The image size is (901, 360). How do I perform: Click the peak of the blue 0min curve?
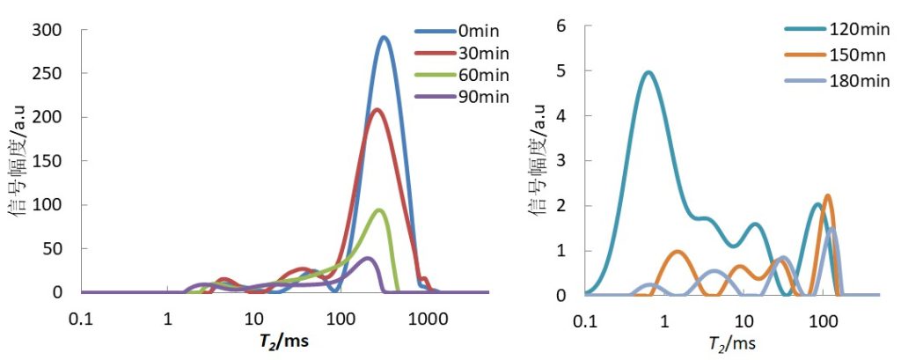click(384, 38)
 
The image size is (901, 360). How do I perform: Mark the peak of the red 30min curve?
click(377, 110)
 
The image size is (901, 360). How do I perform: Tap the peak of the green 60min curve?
click(379, 209)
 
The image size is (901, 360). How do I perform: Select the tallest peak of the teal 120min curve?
click(648, 73)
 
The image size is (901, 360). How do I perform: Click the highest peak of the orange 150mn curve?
click(827, 196)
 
